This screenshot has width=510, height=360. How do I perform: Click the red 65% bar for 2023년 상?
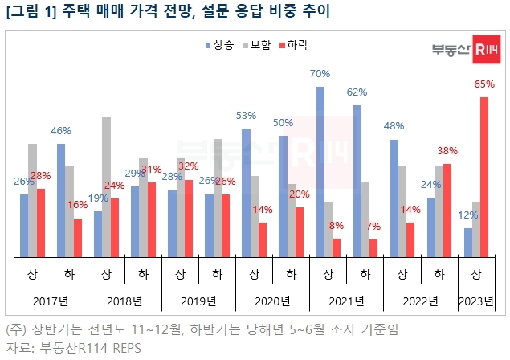pos(484,177)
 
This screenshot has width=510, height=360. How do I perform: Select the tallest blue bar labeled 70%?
pos(320,172)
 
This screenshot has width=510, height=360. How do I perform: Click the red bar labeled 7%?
pos(373,248)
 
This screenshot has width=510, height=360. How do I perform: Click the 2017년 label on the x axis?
pos(51,302)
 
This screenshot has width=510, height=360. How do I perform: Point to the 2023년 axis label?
pos(475,302)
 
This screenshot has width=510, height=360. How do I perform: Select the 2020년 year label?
pos(272,302)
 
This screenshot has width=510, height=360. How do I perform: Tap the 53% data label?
pos(246,116)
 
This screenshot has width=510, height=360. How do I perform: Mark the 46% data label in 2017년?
pos(61,130)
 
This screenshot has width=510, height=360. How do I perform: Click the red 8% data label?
pos(337,226)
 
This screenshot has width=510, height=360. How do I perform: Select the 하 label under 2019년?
pos(217,274)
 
